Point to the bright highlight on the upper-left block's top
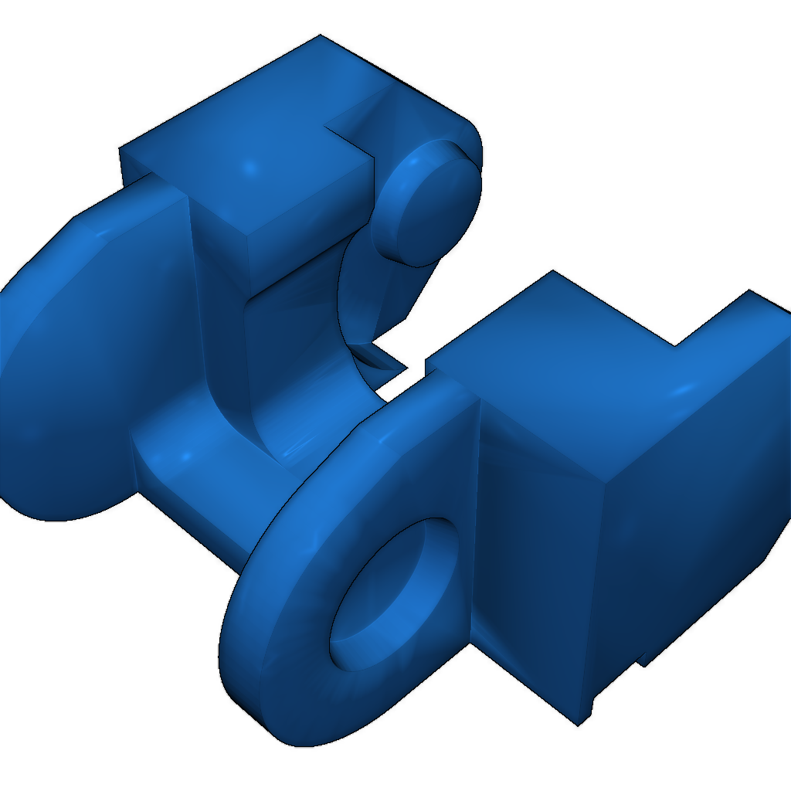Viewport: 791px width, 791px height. [x=250, y=167]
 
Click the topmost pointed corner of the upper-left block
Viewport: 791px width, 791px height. [x=319, y=36]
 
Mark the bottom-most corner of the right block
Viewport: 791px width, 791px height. [x=578, y=725]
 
